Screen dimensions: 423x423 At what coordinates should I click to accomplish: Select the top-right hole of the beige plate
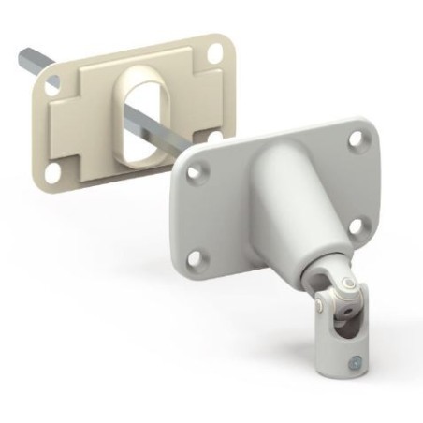(215, 53)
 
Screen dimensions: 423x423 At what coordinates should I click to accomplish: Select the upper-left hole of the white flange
(196, 173)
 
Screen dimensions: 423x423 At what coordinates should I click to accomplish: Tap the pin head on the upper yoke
(348, 284)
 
